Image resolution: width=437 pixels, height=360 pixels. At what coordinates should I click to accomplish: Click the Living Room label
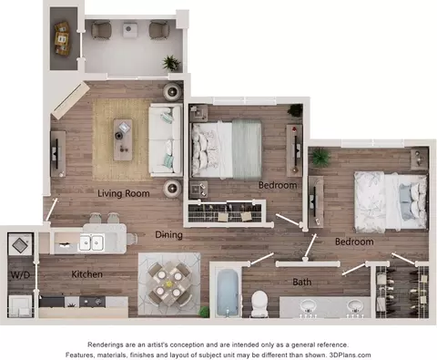coord(124,193)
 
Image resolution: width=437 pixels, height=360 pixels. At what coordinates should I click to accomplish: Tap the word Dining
coord(168,235)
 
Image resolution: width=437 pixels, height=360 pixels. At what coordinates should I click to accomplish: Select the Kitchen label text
coord(86,274)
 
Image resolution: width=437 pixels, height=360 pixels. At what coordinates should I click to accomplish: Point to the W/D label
coord(20,275)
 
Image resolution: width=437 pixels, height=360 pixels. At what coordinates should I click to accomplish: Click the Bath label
coord(302,282)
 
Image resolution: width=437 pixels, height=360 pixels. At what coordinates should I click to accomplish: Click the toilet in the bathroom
coord(259,303)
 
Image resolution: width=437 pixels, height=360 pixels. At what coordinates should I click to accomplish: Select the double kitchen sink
coord(91,242)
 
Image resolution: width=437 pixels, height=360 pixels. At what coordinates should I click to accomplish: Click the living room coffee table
coord(123,139)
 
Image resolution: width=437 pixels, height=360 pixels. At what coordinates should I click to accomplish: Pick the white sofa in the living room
coord(166,140)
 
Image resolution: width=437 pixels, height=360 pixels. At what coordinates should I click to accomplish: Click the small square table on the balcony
coord(130,29)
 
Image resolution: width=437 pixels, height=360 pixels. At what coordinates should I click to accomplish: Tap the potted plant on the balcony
coord(171,63)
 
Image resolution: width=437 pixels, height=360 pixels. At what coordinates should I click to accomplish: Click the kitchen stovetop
coord(92,302)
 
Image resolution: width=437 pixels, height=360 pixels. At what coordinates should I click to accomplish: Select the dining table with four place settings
coord(169,283)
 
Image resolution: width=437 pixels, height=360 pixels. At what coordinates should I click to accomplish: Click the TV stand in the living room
coord(57,154)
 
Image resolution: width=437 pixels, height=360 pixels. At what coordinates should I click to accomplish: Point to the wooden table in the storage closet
coord(63,38)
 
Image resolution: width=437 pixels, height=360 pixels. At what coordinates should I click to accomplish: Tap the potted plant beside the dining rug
coord(205,312)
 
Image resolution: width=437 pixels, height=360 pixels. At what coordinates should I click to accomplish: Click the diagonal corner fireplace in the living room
coord(70,100)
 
